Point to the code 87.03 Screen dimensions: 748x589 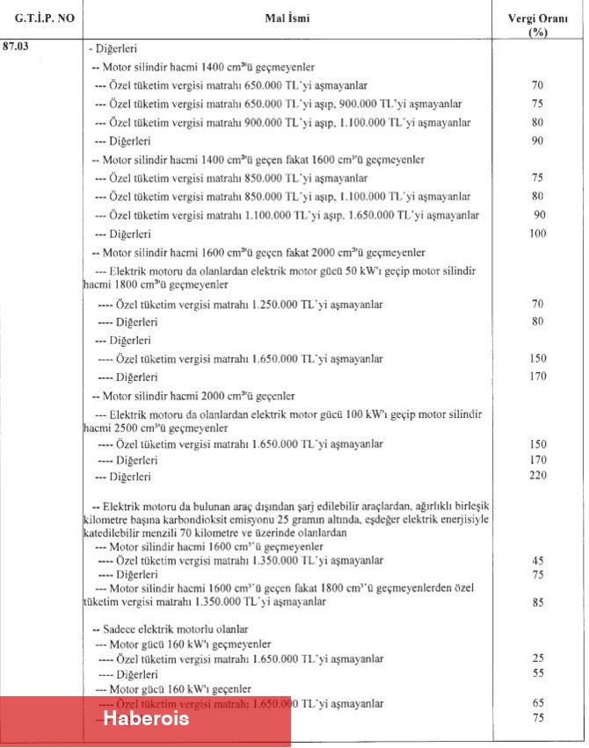17,47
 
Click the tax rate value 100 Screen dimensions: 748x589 537,234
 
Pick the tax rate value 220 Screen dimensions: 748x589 537,476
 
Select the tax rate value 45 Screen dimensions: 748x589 538,559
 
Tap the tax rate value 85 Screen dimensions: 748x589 538,602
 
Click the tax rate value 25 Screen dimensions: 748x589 538,658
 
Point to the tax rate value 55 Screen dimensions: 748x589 538,673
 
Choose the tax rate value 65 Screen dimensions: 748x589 538,703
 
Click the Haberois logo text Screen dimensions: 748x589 146,719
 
